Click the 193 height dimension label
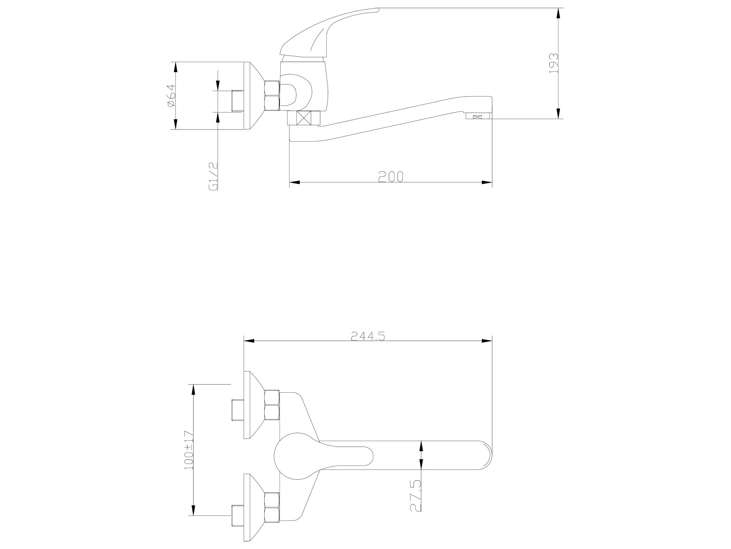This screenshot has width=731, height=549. (x=554, y=63)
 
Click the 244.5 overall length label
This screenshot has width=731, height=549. (x=368, y=336)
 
